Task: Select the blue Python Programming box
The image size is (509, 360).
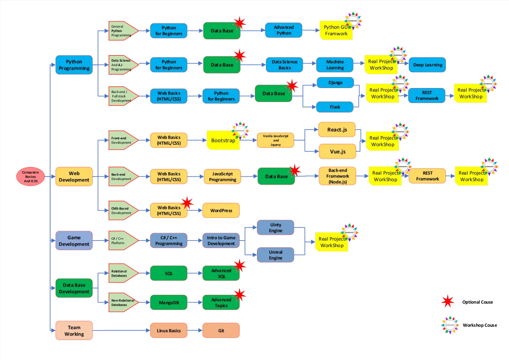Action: tap(74, 65)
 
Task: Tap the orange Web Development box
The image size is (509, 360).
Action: tap(74, 177)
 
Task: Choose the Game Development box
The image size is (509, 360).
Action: tap(74, 241)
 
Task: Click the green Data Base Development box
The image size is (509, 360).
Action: tap(74, 288)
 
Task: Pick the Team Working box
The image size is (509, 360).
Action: tap(74, 331)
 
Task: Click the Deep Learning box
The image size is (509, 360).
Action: tap(427, 65)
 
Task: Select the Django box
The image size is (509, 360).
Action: tap(335, 83)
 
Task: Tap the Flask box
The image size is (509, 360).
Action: tap(335, 107)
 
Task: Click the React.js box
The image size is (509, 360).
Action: tap(337, 130)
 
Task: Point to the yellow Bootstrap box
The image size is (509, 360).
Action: tap(223, 141)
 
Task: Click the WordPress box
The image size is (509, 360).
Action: tap(221, 211)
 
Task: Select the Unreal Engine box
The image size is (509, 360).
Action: tap(275, 255)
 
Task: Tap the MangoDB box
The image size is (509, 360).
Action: tap(169, 302)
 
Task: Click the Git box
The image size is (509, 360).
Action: tap(221, 330)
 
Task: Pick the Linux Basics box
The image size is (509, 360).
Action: tap(169, 330)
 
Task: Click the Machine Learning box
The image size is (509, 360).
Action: tap(335, 65)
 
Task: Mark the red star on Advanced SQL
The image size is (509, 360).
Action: tap(240, 266)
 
